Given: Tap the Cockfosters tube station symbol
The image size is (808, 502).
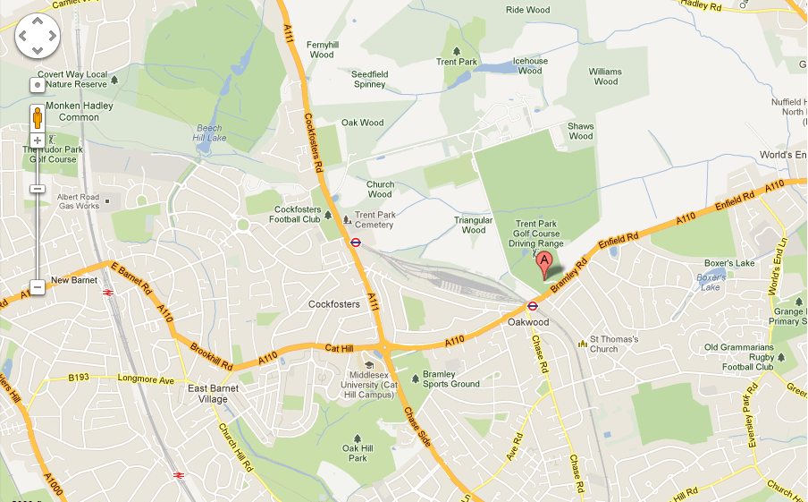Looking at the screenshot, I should [355, 241].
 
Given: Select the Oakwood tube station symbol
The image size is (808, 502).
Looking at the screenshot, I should [532, 306].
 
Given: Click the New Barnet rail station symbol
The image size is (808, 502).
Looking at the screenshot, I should [107, 292].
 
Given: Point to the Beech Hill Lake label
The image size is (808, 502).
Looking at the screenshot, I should [208, 133].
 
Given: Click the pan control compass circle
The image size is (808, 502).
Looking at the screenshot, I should [38, 37].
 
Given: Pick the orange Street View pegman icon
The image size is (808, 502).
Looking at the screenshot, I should [38, 117].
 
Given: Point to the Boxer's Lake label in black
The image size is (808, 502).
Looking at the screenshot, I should [729, 263].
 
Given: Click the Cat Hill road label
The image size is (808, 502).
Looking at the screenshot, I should [341, 348].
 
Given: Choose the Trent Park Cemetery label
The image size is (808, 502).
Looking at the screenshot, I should [374, 220].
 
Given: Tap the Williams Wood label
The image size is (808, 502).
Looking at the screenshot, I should [605, 76].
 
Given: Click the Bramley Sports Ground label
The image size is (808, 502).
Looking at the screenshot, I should [451, 379].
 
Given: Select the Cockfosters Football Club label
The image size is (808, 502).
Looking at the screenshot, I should [296, 214].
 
